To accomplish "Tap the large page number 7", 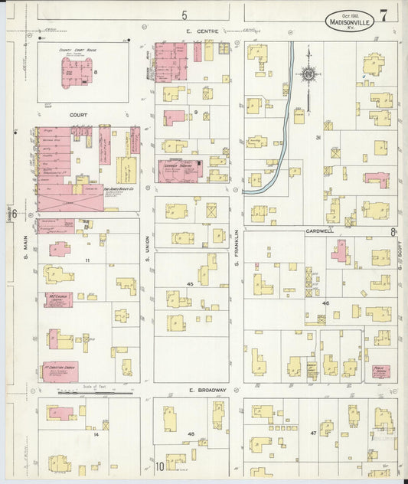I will [x=383, y=15].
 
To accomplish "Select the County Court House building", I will [x=77, y=71].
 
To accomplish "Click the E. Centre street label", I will [x=202, y=31].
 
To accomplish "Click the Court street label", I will [x=78, y=116].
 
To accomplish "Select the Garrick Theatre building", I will [x=180, y=170].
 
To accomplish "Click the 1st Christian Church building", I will [x=60, y=371].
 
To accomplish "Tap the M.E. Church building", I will [x=59, y=299].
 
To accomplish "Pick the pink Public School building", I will [x=380, y=371].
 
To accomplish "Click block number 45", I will [x=189, y=283].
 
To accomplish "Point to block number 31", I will [x=317, y=138].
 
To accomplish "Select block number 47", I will [x=313, y=433].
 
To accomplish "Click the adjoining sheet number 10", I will [x=160, y=466].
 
